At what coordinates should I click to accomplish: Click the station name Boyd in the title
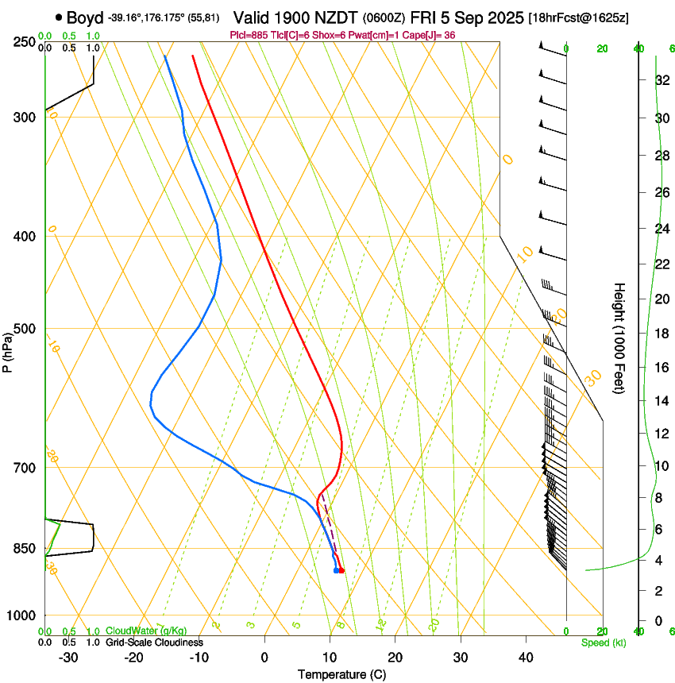pyautogui.click(x=85, y=17)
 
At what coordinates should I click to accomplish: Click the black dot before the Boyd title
pyautogui.click(x=59, y=17)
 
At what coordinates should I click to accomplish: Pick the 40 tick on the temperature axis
pyautogui.click(x=526, y=658)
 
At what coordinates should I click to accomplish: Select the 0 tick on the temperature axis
pyautogui.click(x=264, y=658)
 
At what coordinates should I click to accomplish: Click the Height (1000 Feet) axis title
pyautogui.click(x=620, y=338)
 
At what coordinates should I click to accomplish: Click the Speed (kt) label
pyautogui.click(x=603, y=642)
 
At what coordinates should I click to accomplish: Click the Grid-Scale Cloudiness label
pyautogui.click(x=154, y=642)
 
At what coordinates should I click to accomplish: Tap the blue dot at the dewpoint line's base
pyautogui.click(x=336, y=570)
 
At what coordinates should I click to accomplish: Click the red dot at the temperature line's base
pyautogui.click(x=341, y=570)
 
